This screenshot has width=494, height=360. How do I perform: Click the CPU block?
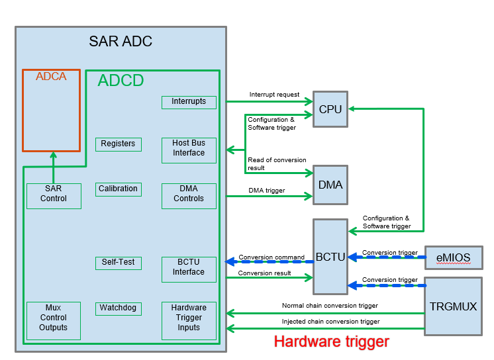[x=330, y=109]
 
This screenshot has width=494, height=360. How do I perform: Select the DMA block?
[x=330, y=185]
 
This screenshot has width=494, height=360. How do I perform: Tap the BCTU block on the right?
[x=330, y=257]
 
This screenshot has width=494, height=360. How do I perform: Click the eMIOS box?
[x=454, y=257]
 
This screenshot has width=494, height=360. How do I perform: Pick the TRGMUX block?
[x=454, y=306]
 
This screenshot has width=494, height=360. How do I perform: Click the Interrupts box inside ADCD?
[x=189, y=102]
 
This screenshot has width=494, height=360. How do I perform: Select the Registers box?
[x=119, y=144]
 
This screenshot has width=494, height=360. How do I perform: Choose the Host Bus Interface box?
[x=189, y=148]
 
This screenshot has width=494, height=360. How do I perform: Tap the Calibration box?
[x=119, y=189]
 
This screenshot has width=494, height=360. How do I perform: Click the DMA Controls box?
[x=189, y=194]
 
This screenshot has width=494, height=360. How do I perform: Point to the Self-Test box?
[x=119, y=262]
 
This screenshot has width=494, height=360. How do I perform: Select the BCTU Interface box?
[x=189, y=267]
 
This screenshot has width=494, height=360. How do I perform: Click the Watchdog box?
[x=119, y=308]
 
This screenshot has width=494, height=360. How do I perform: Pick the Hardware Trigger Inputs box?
[x=189, y=318]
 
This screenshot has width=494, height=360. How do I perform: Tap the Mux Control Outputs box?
[x=54, y=318]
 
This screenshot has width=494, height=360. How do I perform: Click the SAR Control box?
[x=54, y=194]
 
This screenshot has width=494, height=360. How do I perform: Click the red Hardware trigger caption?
[x=331, y=342]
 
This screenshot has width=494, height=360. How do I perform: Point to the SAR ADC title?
[x=121, y=42]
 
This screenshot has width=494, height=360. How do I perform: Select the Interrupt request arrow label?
[x=274, y=95]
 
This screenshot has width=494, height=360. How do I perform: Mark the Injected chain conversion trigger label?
[x=330, y=322]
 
